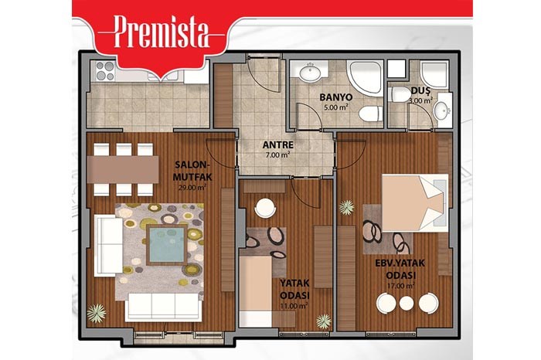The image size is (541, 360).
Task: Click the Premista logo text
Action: click(162, 32)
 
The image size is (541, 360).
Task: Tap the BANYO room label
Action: click(335, 97)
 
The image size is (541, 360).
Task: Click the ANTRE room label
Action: click(277, 144)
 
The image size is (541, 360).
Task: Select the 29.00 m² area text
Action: click(192, 187)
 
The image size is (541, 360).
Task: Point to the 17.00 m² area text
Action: click(400, 286)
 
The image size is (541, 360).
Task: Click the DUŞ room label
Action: click(421, 90)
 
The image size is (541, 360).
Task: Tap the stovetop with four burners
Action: click(105, 71)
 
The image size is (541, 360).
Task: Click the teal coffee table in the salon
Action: click(168, 245)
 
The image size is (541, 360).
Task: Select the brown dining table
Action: click(123, 169)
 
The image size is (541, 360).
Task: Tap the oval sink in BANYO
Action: click(310, 73)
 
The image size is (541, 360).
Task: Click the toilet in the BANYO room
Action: click(371, 114)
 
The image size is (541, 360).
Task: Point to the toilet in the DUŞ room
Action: click(399, 94)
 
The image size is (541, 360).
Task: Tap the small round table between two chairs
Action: click(407, 303)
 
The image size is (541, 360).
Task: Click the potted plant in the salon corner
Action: click(97, 313)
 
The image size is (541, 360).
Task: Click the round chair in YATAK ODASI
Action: click(265, 208)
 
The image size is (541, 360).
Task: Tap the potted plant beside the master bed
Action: click(346, 208)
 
